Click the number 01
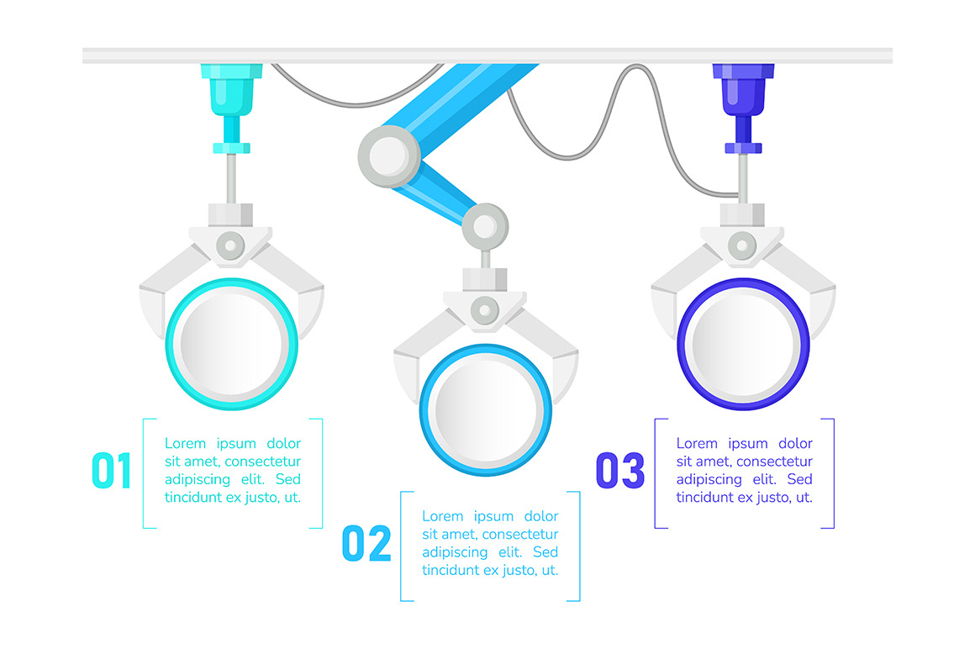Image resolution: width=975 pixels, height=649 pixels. point(111,470)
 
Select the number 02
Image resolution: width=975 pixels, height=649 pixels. point(366,543)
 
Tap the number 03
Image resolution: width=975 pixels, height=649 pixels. point(620,470)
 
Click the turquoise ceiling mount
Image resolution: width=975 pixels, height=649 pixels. point(231,108)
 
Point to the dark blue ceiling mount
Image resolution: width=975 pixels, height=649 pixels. point(743,108)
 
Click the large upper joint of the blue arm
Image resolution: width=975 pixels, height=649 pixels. point(389,156)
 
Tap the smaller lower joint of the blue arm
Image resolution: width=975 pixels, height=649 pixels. point(485,226)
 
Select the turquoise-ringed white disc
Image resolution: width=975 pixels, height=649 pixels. point(231,344)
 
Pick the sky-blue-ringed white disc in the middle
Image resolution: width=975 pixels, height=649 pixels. point(486,410)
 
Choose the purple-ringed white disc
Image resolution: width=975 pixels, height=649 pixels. point(743,344)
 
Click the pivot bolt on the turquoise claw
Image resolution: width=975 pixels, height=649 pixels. point(230,245)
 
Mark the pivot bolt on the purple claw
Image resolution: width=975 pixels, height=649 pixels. point(742,245)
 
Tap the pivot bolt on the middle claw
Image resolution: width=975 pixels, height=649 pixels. point(485,310)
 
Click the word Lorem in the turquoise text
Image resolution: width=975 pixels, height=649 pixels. point(185,443)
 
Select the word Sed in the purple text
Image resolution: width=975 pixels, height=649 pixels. point(799,479)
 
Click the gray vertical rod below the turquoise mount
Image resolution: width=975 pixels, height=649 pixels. point(231,178)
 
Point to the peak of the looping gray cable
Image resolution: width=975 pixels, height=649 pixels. point(636,65)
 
